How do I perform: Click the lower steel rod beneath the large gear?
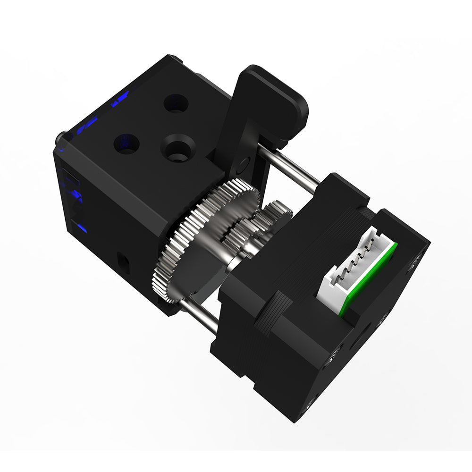198,314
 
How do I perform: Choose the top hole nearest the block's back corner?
176,103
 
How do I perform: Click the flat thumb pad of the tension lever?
278,94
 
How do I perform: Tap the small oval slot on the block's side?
124,259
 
